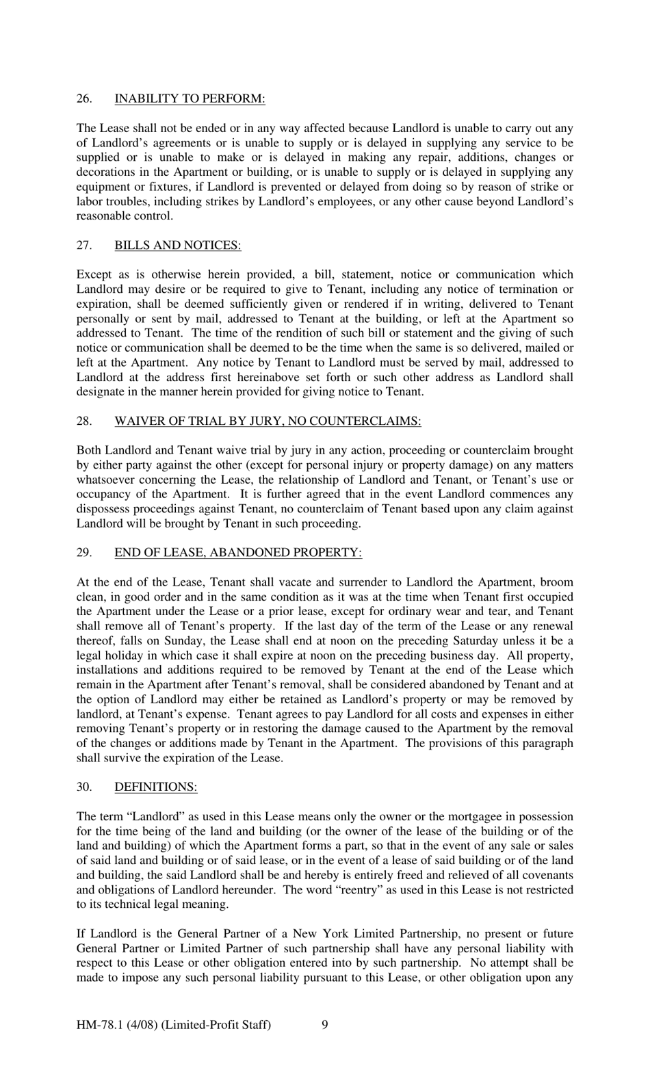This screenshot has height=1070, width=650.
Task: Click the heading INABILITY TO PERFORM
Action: click(x=190, y=99)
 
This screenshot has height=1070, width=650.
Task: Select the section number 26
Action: click(x=83, y=99)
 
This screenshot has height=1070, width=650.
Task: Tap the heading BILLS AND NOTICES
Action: click(x=177, y=245)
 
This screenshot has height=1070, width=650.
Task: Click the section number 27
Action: click(x=83, y=245)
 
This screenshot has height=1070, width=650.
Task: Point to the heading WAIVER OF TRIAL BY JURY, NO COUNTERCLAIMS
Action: click(x=268, y=421)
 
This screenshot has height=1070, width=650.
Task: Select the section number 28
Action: click(x=83, y=421)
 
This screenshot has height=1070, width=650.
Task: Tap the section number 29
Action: click(x=83, y=553)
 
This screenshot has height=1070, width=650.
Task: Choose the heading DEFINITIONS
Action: click(x=155, y=787)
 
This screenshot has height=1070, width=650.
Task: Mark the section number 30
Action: click(x=83, y=787)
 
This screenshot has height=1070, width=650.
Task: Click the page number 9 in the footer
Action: click(x=324, y=1024)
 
